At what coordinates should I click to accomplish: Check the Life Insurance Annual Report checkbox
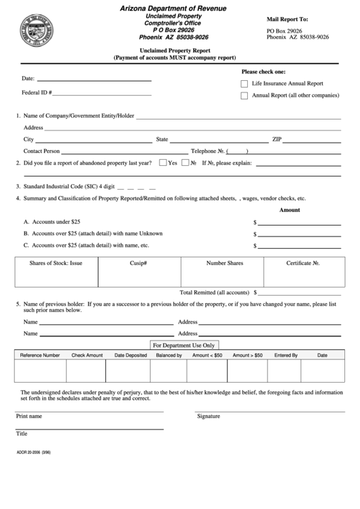coord(245,83)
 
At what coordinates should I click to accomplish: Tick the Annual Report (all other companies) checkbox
coord(245,96)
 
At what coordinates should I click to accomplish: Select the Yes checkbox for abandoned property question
coord(162,163)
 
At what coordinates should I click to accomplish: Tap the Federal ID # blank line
coord(103,93)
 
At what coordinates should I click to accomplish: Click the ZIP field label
coord(276,139)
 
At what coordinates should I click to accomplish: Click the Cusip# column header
coord(139,262)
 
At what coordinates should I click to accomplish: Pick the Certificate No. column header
coord(302,262)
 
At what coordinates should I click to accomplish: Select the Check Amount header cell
coord(87,355)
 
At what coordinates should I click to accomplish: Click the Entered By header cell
coord(286,355)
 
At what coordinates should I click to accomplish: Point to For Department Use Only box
coord(184,345)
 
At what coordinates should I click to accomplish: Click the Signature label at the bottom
coord(209,416)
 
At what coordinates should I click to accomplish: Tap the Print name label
coord(29,416)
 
